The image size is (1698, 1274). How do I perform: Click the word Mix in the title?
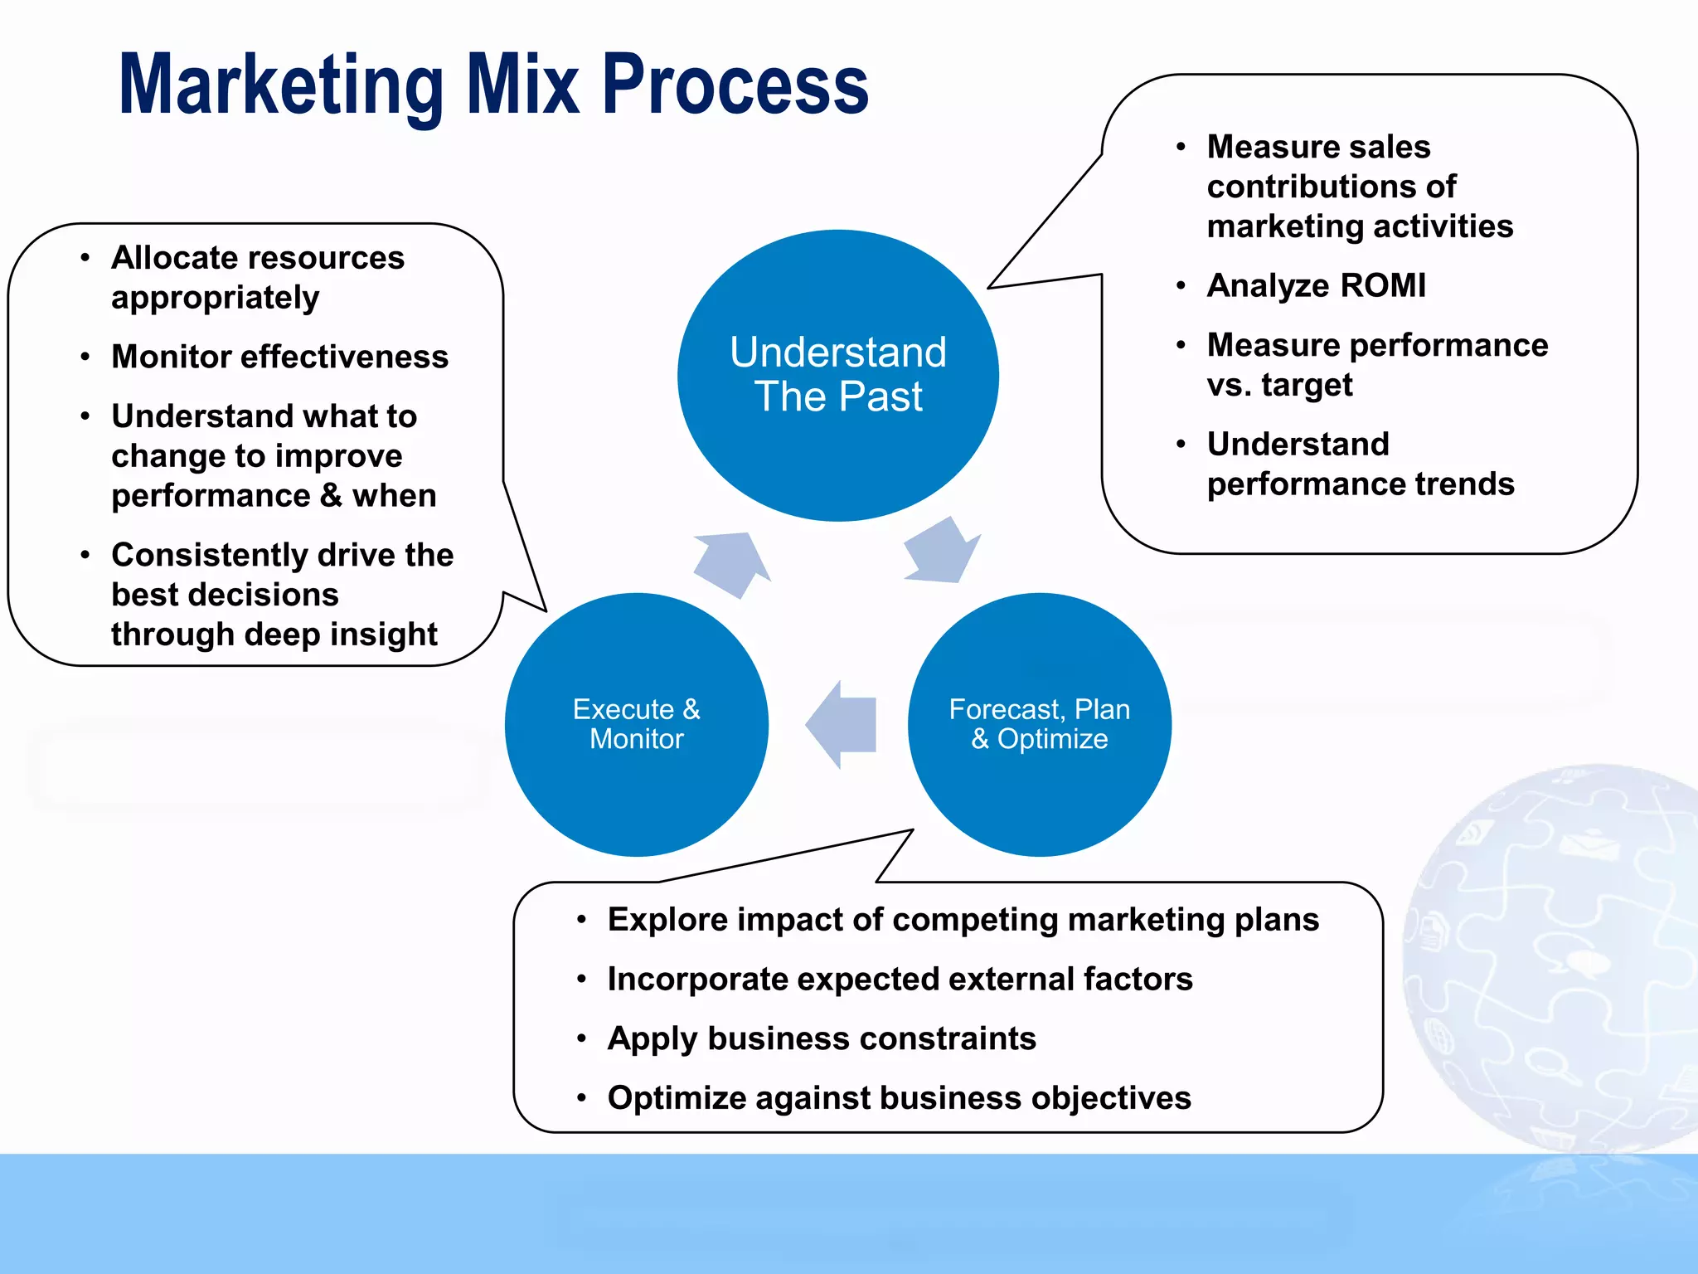click(x=522, y=85)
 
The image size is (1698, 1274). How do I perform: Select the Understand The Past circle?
click(x=837, y=375)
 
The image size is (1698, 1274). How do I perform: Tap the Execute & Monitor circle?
click(x=636, y=724)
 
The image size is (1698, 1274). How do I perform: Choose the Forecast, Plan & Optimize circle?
click(x=1039, y=724)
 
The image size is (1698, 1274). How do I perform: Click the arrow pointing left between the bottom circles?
click(x=842, y=724)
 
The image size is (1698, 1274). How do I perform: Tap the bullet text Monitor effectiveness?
click(x=279, y=357)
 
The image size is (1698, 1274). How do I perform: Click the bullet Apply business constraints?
click(x=821, y=1038)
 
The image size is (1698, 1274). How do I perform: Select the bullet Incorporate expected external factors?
click(x=900, y=980)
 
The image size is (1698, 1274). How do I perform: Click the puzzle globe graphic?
click(x=1559, y=954)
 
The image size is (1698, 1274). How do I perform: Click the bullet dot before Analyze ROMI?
click(x=1181, y=286)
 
